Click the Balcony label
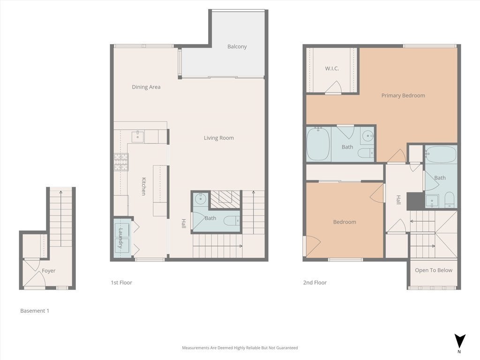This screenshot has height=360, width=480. pyautogui.click(x=237, y=46)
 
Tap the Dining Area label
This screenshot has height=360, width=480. pyautogui.click(x=146, y=87)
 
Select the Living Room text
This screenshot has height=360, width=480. pyautogui.click(x=218, y=138)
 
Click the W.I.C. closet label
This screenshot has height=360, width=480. pyautogui.click(x=332, y=68)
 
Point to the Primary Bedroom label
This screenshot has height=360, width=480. pyautogui.click(x=403, y=95)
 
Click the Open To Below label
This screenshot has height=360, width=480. pyautogui.click(x=433, y=270)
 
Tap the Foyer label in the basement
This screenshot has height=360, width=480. pyautogui.click(x=48, y=270)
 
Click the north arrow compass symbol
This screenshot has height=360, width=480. pyautogui.click(x=460, y=341)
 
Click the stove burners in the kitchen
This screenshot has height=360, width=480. pyautogui.click(x=120, y=162)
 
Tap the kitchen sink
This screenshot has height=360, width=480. pyautogui.click(x=137, y=136)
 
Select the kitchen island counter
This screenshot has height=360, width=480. pyautogui.click(x=160, y=190)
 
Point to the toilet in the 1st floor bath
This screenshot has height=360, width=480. pyautogui.click(x=232, y=220)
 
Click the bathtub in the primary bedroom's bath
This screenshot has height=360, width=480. pyautogui.click(x=318, y=144)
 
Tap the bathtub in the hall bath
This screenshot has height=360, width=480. pyautogui.click(x=441, y=154)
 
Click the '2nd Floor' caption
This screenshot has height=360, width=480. pyautogui.click(x=315, y=283)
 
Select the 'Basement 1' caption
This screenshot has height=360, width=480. pyautogui.click(x=35, y=311)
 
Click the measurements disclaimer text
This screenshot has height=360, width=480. pyautogui.click(x=240, y=348)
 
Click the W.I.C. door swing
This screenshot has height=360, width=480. pyautogui.click(x=334, y=88)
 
